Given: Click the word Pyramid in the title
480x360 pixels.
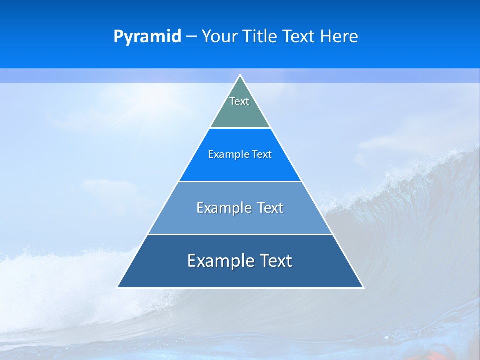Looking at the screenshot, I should click(147, 36).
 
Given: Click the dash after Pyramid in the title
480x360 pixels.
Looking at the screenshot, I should click(191, 37).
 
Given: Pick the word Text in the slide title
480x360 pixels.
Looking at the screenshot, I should click(300, 36).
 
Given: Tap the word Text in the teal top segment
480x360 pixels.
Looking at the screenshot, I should click(239, 101).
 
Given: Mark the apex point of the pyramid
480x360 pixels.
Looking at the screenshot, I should click(240, 75).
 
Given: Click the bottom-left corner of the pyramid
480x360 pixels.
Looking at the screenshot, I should click(117, 287).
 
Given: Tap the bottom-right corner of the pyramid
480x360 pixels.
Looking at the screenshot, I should click(363, 287).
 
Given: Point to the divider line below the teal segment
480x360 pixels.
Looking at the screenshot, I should click(240, 128).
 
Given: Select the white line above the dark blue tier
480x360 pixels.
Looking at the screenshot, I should click(240, 234).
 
